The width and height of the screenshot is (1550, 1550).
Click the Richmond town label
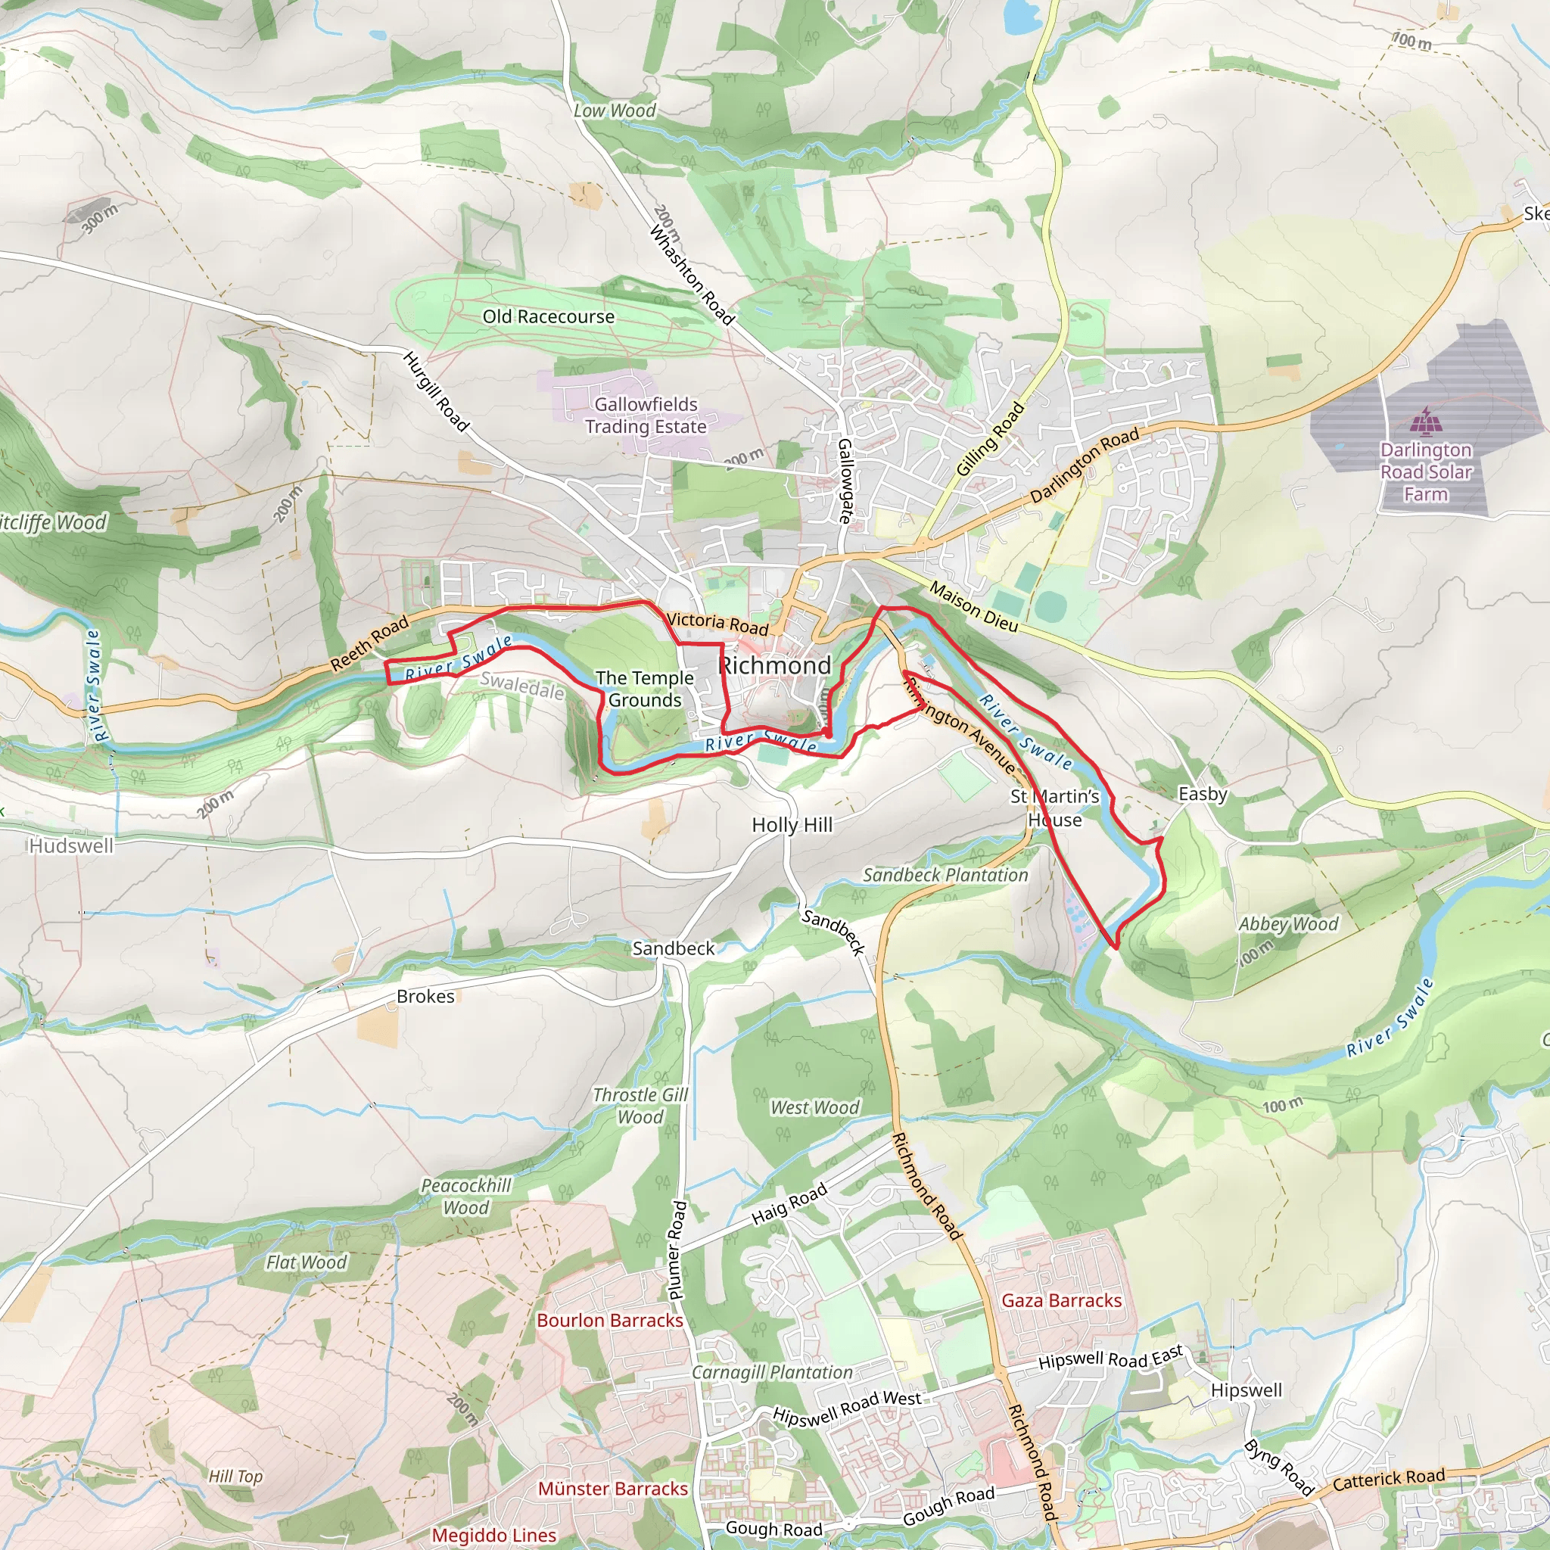tap(774, 665)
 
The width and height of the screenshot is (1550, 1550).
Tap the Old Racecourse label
tap(548, 317)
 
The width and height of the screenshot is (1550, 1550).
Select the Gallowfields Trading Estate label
tap(646, 415)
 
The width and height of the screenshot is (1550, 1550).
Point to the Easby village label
tap(1202, 793)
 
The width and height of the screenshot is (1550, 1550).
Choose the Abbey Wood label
tap(1287, 923)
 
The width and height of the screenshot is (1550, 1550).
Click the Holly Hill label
tap(792, 825)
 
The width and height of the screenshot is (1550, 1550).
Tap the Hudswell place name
tap(71, 845)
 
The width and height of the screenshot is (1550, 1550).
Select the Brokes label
tap(425, 996)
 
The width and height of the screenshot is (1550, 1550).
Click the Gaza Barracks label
tap(1061, 1299)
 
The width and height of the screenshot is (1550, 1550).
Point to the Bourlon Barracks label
tap(610, 1320)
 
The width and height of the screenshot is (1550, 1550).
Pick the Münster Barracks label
tap(613, 1488)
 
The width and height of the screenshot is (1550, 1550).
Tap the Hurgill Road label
tap(436, 391)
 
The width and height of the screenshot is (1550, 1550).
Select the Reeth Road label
tap(370, 643)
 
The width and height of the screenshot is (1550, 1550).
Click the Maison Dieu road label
tap(973, 606)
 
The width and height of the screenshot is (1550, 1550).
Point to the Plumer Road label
tap(677, 1250)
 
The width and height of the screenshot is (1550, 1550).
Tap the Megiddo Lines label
tap(494, 1535)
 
